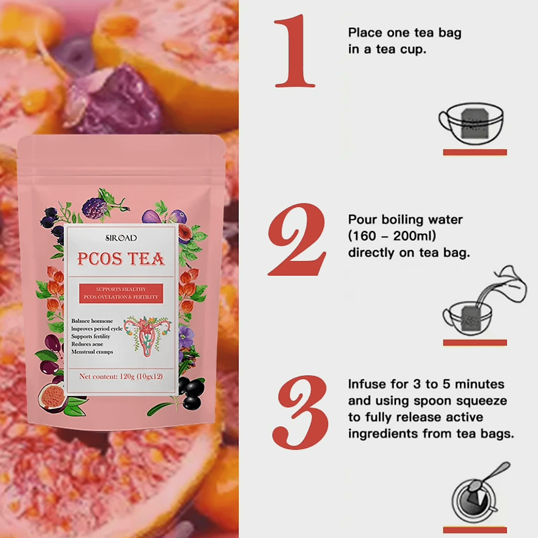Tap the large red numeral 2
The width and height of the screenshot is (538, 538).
(x=297, y=240)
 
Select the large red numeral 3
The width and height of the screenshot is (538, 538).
(x=300, y=412)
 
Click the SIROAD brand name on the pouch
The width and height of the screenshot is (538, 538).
(x=121, y=238)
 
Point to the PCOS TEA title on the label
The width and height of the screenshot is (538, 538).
(x=121, y=259)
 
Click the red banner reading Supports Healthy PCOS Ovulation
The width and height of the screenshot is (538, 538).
(x=121, y=293)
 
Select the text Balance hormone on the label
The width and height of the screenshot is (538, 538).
(x=92, y=321)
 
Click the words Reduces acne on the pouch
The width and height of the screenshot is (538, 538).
(x=87, y=344)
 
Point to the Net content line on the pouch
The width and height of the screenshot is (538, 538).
(x=121, y=377)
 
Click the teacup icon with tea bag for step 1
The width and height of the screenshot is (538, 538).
(x=471, y=124)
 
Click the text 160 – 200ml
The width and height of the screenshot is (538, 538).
(x=392, y=236)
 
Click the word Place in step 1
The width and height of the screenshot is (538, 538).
(x=365, y=32)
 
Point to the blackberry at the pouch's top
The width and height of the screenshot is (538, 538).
(x=94, y=208)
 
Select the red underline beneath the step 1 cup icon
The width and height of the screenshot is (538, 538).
(x=475, y=152)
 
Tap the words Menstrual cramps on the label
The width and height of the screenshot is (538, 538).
(x=92, y=352)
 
